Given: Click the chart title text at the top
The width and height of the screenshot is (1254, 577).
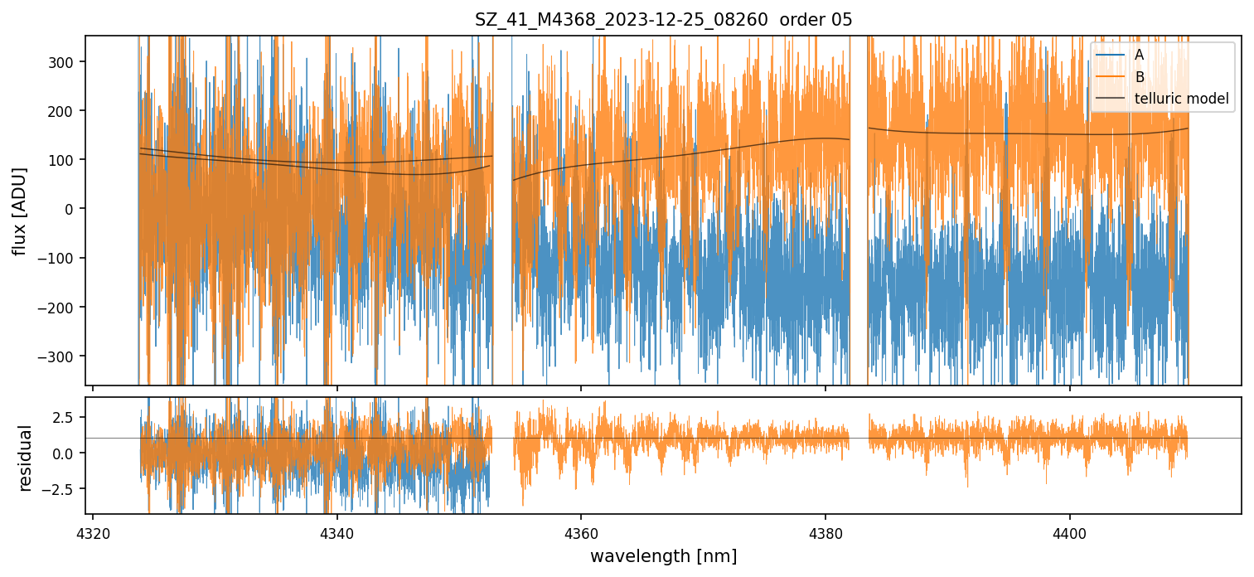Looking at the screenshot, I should coord(663,20).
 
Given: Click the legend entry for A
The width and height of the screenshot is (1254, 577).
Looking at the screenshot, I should coord(1139,55).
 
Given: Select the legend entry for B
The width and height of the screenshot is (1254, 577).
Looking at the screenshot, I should coord(1139,77).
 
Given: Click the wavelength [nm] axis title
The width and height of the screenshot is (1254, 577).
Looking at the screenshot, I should coord(663,555).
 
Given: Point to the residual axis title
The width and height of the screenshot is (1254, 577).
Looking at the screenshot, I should coord(26,458).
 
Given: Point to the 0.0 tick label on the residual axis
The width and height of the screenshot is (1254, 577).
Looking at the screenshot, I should coord(66,453).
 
